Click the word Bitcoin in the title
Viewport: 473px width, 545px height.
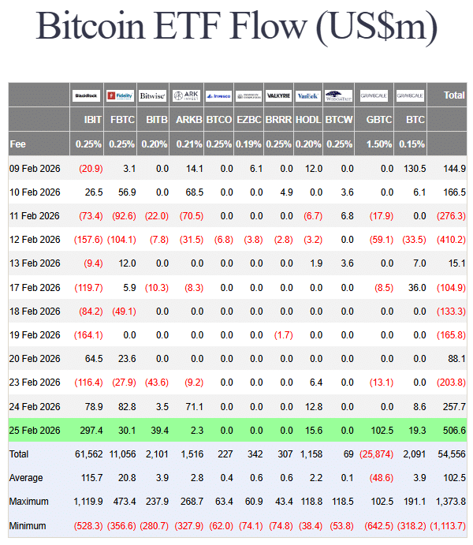[97, 27]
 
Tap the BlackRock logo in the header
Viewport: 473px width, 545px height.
[87, 95]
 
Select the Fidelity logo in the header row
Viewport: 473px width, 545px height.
[120, 95]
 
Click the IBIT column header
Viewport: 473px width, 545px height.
[91, 121]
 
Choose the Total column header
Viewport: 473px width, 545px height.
[454, 95]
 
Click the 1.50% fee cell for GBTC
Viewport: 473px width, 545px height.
[380, 144]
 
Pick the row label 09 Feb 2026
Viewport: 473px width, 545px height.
[35, 168]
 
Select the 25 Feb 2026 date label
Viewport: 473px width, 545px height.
[35, 430]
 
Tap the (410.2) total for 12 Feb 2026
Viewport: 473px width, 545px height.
[451, 239]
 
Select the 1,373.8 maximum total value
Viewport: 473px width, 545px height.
[449, 502]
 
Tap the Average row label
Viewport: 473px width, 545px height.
[26, 478]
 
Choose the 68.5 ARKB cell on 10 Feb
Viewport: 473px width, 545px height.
[192, 192]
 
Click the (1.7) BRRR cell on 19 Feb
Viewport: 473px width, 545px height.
[283, 334]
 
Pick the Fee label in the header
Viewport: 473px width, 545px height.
[17, 144]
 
